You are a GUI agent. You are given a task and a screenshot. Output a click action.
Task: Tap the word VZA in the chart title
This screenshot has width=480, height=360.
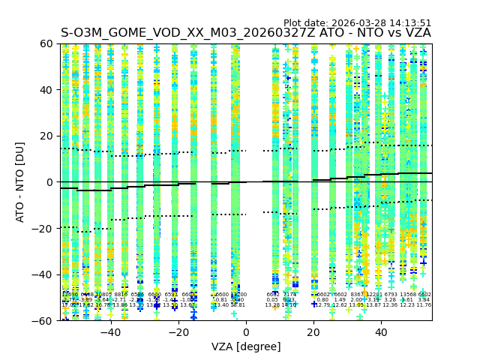click(x=416, y=33)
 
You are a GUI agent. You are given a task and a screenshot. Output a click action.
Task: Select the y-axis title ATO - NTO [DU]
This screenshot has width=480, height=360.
click(x=20, y=181)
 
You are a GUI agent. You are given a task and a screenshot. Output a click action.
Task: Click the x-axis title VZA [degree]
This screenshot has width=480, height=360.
click(x=246, y=346)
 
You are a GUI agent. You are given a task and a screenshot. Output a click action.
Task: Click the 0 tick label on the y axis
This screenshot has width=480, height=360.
click(x=51, y=182)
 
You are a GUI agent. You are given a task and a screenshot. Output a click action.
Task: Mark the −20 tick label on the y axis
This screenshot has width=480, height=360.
click(x=44, y=228)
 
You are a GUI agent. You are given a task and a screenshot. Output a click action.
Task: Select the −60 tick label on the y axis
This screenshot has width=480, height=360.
click(x=44, y=320)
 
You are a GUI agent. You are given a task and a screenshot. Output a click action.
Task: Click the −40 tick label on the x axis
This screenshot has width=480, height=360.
click(x=110, y=332)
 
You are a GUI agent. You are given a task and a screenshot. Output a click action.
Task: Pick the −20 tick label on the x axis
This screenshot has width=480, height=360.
click(x=178, y=332)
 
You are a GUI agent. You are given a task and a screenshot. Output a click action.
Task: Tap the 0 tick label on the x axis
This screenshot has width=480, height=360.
click(x=246, y=332)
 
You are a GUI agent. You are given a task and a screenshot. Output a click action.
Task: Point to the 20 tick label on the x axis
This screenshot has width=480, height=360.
click(x=313, y=332)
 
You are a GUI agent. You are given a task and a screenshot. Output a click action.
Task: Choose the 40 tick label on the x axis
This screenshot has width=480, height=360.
click(x=381, y=332)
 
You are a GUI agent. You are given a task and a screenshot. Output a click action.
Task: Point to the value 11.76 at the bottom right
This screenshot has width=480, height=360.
click(x=424, y=305)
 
